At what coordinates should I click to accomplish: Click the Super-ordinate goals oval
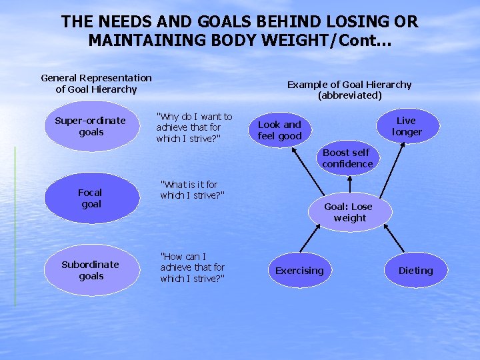coord(90,126)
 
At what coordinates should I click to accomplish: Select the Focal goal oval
coord(91,198)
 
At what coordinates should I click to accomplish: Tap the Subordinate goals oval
coord(90,270)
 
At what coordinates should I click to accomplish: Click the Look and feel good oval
coord(280,130)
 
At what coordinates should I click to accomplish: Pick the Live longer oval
coord(406,126)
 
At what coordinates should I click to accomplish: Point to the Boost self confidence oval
coord(347,158)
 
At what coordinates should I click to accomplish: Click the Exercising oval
coord(299,270)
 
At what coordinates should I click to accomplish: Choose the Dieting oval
coord(415,270)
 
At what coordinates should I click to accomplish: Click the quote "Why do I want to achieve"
coord(194,127)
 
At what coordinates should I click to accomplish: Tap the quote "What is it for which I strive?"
coord(192,189)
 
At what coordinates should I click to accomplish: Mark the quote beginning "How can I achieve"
coord(192,267)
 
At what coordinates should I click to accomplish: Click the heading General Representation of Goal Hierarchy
coord(97,83)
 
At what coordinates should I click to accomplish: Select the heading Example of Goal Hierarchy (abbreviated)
coord(349,89)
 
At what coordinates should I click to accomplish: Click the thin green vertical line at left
coord(15,227)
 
